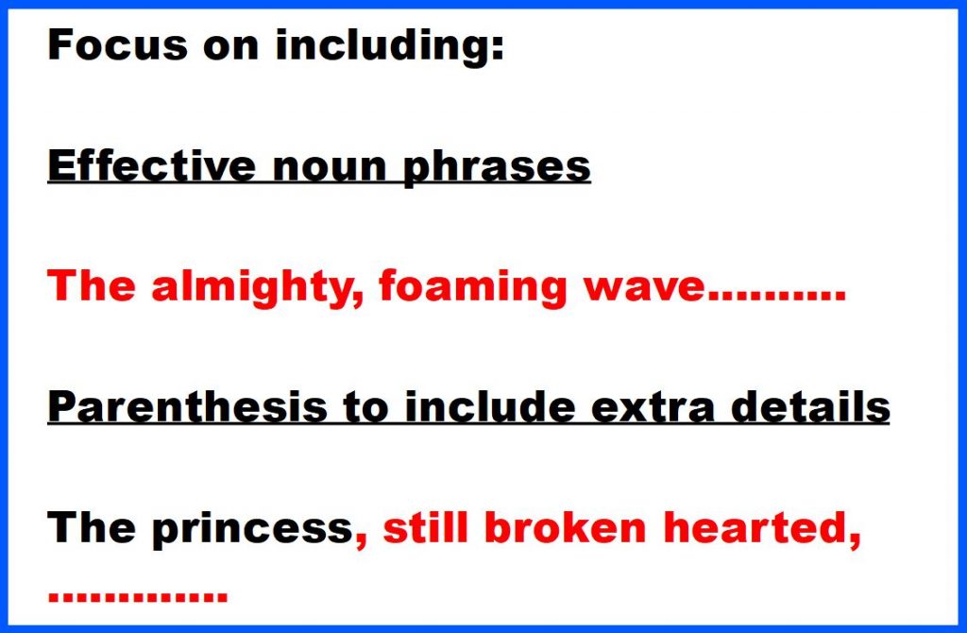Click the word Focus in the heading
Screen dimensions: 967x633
click(117, 45)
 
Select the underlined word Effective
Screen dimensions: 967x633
click(152, 165)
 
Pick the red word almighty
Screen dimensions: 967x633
click(257, 288)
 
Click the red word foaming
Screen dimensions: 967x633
click(472, 288)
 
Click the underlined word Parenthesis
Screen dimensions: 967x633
click(188, 407)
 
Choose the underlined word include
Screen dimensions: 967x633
click(490, 407)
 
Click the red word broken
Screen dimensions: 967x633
click(566, 527)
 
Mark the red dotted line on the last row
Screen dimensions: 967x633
click(138, 596)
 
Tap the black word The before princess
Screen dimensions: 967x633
click(92, 527)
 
